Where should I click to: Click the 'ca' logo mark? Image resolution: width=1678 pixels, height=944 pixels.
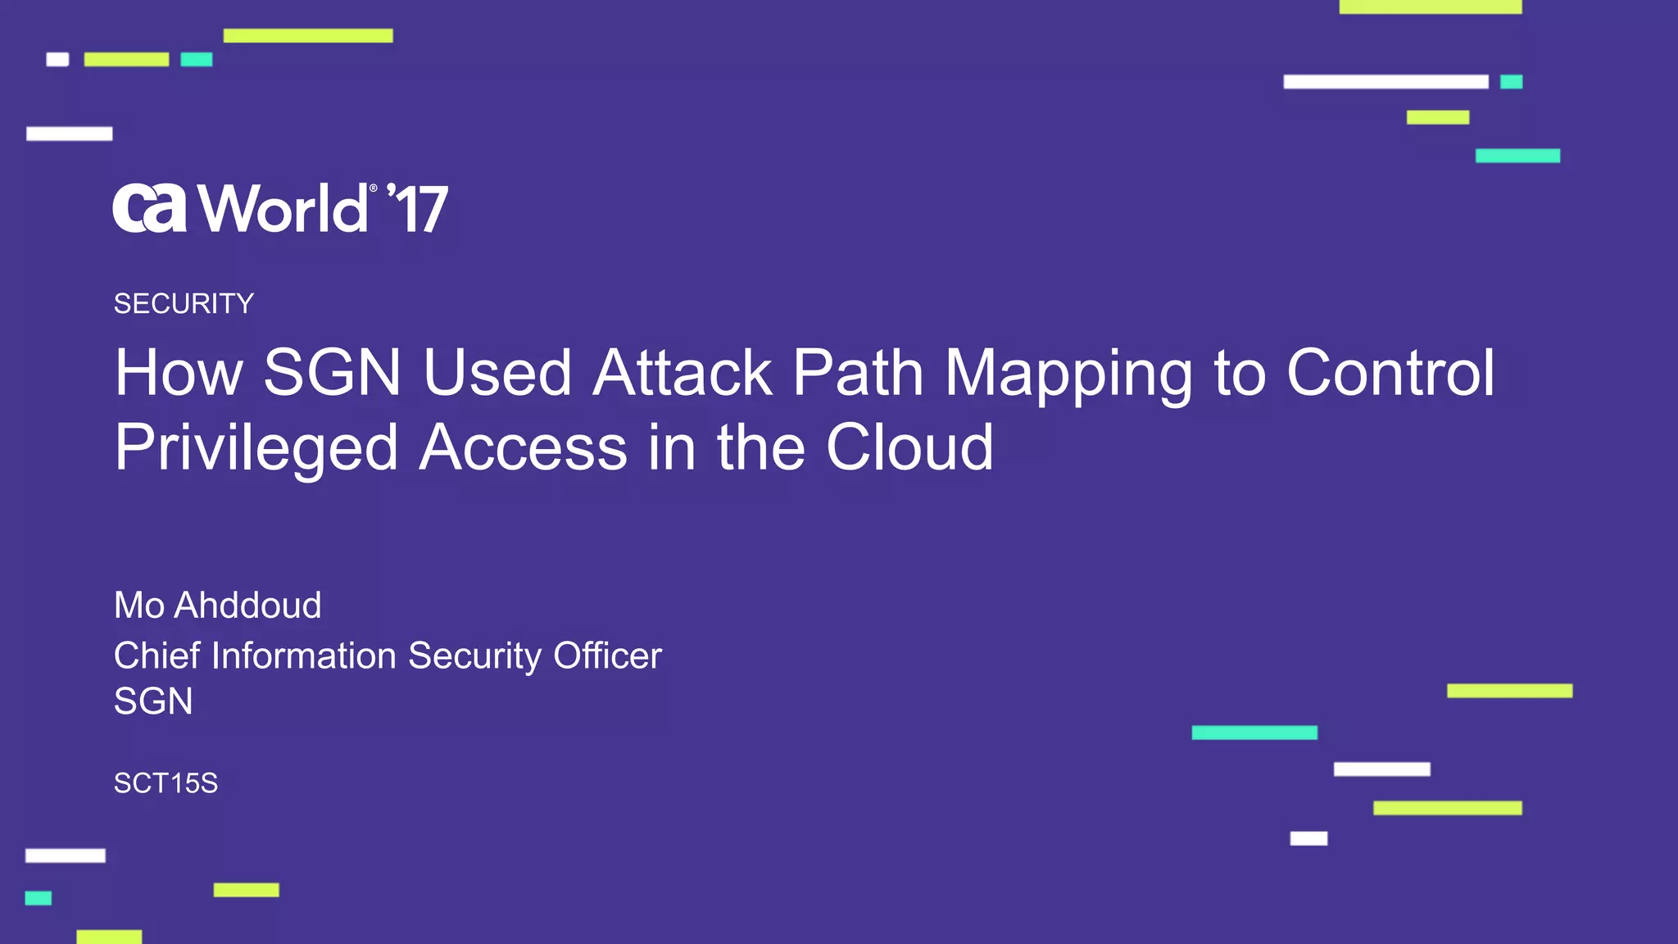pos(149,208)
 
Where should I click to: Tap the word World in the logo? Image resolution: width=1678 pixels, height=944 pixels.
pos(283,208)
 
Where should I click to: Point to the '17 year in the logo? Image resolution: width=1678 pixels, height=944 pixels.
pos(419,208)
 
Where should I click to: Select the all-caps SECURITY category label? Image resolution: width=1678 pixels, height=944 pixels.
pos(184,304)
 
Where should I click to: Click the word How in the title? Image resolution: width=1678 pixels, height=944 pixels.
pos(179,373)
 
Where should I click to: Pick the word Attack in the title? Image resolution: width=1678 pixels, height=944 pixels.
pos(683,373)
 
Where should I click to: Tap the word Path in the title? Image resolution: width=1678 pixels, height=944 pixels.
pos(858,373)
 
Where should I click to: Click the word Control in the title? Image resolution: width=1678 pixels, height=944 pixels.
pos(1390,373)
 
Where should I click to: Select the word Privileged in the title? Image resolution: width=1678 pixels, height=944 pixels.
pos(256,448)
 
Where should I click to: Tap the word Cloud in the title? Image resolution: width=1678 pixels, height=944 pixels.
pos(909,448)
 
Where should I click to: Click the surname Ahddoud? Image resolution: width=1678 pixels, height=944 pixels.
pos(248,606)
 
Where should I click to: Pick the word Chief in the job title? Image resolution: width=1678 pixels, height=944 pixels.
pos(156,656)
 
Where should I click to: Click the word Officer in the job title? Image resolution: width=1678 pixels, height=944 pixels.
pos(607,656)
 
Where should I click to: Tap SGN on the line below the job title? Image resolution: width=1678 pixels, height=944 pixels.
pos(153,701)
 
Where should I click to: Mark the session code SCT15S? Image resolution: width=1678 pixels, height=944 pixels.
pos(166,783)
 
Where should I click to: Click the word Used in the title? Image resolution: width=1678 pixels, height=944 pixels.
pos(497,373)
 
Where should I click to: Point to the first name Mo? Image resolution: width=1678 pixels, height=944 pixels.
pos(139,606)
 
